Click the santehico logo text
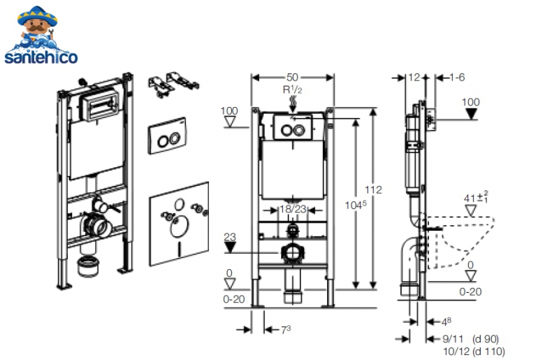(41, 57)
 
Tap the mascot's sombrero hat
(38, 15)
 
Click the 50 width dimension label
(292, 78)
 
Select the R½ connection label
(292, 89)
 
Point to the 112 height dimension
(373, 190)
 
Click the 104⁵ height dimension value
(356, 205)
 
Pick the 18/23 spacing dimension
(293, 209)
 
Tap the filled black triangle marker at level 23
(230, 247)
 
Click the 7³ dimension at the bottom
(286, 330)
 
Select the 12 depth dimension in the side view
(414, 78)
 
